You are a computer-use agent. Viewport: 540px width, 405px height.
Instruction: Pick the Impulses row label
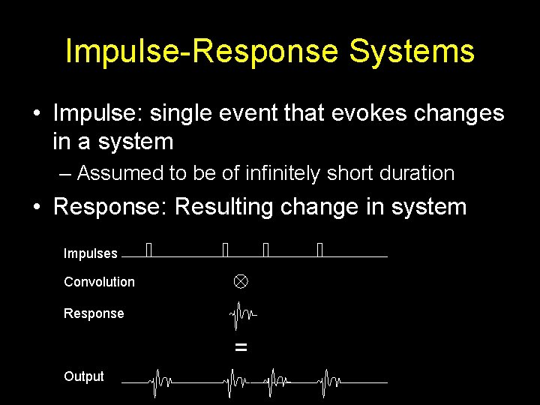tap(91, 253)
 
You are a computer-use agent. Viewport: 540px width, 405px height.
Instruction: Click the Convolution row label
tap(99, 282)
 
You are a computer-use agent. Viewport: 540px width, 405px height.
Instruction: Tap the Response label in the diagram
tap(94, 313)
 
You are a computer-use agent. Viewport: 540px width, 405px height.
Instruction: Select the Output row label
tap(84, 376)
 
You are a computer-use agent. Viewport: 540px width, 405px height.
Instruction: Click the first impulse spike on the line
tap(148, 250)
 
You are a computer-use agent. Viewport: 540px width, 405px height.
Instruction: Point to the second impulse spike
tap(225, 250)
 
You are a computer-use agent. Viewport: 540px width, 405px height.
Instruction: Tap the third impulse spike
tap(265, 250)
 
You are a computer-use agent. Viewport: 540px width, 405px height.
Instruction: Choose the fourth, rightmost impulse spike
tap(319, 250)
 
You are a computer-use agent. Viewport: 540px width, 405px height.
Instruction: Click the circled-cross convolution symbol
tap(239, 282)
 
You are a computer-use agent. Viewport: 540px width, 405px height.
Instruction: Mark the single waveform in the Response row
tap(241, 315)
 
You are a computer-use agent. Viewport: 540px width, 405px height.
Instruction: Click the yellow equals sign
tap(241, 347)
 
